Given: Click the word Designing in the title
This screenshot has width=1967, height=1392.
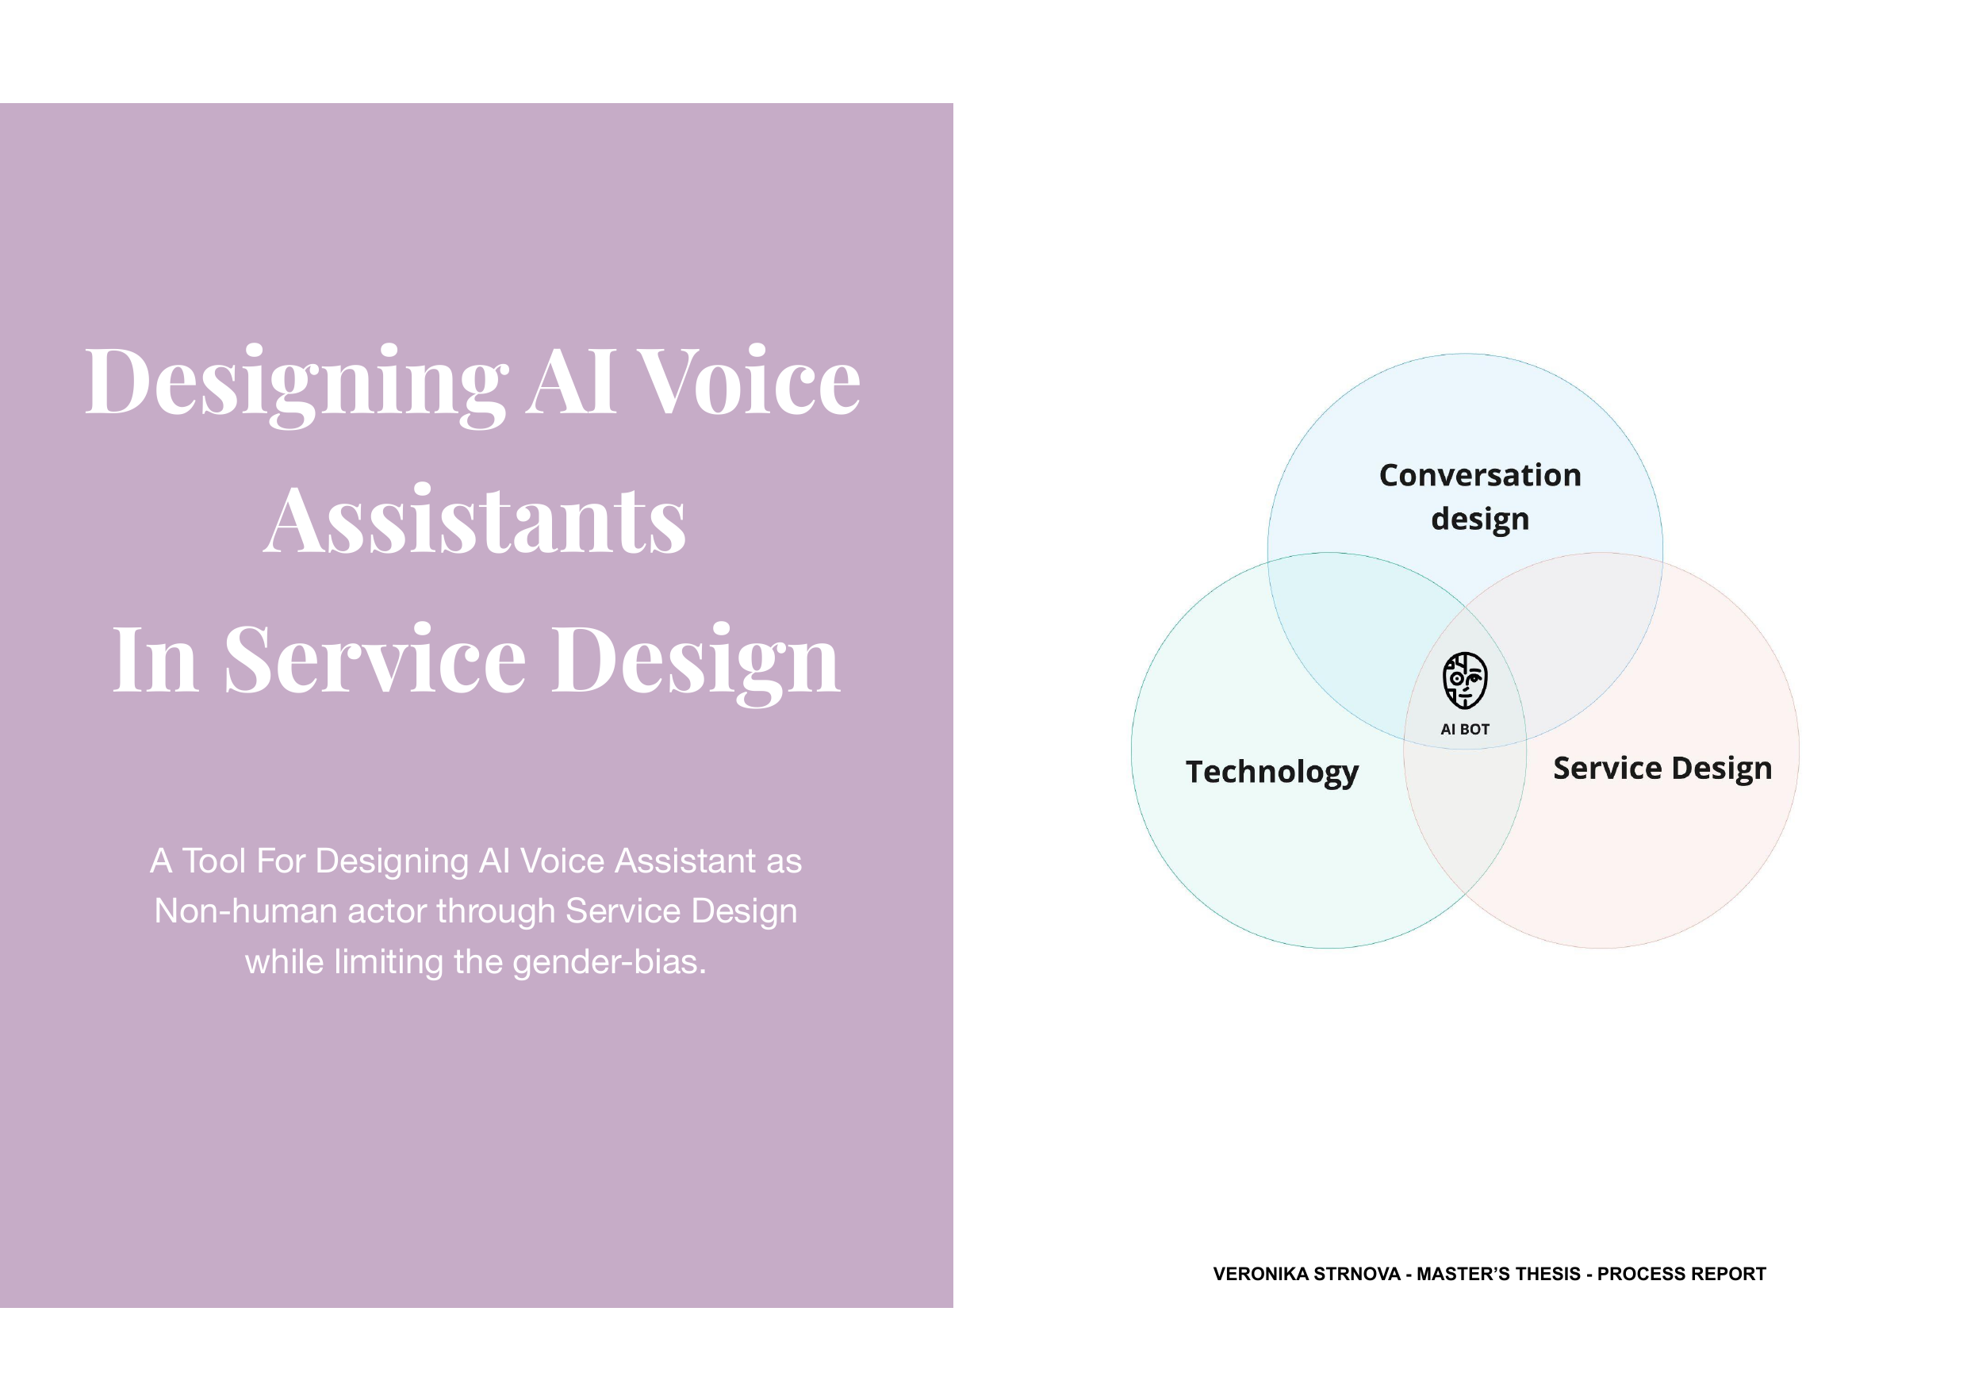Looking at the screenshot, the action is [x=297, y=383].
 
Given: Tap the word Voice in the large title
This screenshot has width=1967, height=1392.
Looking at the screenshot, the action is [x=750, y=382].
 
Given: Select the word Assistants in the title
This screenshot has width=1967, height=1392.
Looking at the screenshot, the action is [x=474, y=520].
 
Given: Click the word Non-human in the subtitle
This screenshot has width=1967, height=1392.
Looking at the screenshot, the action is [x=245, y=911].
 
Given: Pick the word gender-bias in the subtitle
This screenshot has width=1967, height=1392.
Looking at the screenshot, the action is [x=609, y=963].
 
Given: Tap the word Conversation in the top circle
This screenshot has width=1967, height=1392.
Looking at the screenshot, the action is [x=1479, y=475].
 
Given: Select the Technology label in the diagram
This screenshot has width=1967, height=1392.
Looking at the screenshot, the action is [x=1272, y=773].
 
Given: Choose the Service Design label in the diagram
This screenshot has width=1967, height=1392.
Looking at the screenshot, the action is [x=1662, y=769].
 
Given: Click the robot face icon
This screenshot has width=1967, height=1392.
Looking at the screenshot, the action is [x=1465, y=681].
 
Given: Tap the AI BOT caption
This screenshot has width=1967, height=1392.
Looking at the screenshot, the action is [x=1465, y=730].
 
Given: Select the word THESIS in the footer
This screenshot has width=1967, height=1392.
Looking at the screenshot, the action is [x=1547, y=1275].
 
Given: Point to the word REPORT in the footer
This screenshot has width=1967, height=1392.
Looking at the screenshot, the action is [x=1729, y=1275].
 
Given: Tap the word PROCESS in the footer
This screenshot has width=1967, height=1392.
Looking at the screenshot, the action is [x=1641, y=1275].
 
